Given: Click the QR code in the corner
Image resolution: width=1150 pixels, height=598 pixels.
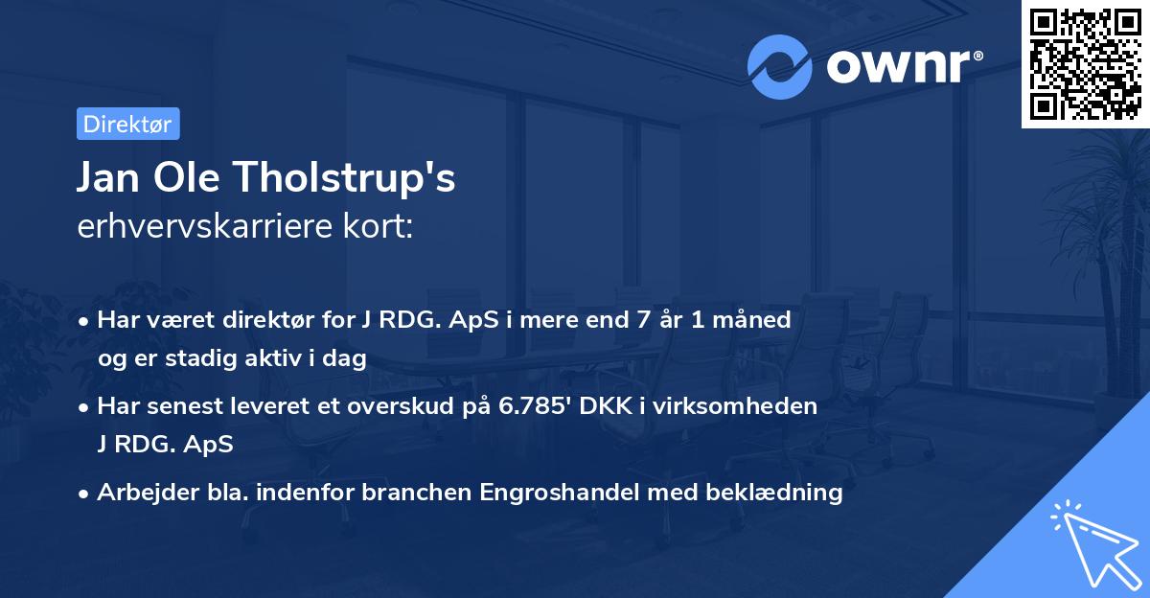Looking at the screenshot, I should [1085, 64].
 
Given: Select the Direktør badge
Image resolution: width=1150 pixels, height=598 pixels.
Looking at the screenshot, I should [127, 124].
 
